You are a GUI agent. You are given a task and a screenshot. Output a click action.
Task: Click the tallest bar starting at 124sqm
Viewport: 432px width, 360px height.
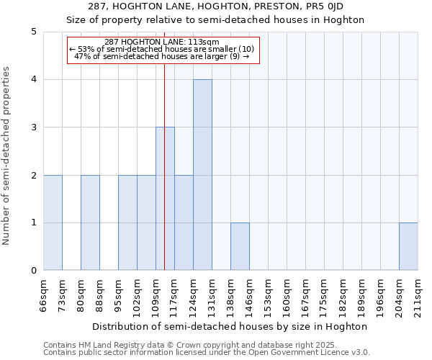(202, 175)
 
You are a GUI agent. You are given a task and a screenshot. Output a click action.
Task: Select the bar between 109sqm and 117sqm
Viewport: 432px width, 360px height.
(165, 199)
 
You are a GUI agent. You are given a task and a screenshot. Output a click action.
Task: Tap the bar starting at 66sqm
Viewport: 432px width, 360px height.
(53, 222)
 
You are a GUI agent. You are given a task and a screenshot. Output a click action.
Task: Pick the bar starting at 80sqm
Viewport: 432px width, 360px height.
(90, 222)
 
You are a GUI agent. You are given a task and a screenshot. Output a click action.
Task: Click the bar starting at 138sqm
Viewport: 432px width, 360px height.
(240, 246)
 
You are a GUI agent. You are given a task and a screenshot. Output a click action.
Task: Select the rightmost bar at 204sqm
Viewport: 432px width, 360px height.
(408, 246)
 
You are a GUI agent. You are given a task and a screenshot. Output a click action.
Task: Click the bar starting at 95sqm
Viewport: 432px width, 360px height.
(127, 222)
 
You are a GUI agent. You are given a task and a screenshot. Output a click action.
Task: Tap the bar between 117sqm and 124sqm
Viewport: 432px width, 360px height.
(184, 222)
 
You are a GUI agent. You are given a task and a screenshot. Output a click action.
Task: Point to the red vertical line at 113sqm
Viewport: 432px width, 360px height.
(165, 144)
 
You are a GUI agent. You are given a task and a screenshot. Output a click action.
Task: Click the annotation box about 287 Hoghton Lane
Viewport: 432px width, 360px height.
(162, 49)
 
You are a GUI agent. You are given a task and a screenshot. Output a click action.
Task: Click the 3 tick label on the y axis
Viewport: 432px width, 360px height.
(33, 127)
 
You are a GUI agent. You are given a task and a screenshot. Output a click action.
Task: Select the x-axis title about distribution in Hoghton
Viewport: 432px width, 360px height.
(230, 326)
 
